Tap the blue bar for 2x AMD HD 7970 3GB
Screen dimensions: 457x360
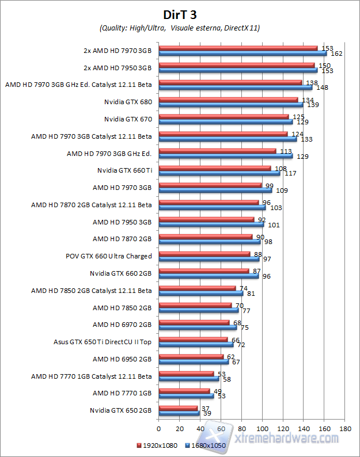(242, 54)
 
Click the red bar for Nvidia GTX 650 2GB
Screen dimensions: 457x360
(177, 409)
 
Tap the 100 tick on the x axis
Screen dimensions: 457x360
(263, 429)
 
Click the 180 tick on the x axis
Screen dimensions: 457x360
(346, 429)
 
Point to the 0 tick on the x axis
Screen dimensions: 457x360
(158, 429)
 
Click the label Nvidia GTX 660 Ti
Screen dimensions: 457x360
(124, 170)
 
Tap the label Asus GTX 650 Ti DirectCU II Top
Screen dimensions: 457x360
(103, 341)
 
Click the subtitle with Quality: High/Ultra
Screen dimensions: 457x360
(179, 28)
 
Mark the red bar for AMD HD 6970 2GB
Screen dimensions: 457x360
(194, 323)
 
